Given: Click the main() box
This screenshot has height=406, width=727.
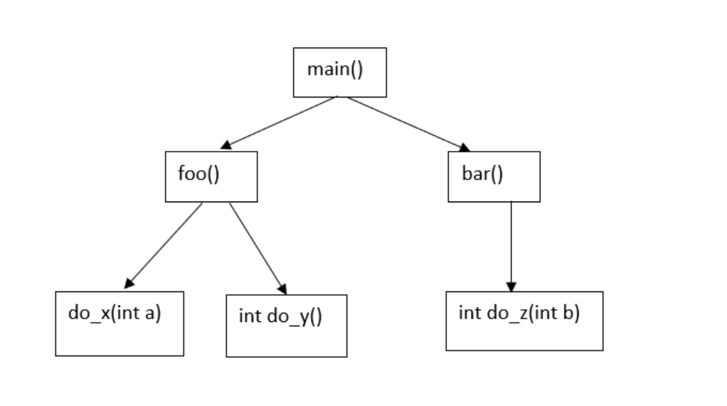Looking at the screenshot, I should pos(340,72).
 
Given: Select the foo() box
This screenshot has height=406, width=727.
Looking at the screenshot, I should pos(211,176).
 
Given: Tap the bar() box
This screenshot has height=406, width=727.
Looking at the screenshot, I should pos(494,176).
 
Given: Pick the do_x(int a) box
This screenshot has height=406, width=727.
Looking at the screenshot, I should pos(120,323).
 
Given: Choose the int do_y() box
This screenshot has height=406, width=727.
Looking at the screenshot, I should pos(287,326).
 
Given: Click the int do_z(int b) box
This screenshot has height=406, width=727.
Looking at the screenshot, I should pos(524,321).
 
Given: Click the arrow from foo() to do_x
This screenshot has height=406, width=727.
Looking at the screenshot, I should pos(164,244).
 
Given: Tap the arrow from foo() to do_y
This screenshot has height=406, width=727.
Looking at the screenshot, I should pos(258,248).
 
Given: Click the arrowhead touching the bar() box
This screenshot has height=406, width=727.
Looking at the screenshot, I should pos(464,148).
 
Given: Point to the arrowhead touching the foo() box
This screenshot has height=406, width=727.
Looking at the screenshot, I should pos(225,145).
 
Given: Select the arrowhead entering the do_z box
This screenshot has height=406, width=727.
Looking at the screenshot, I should pos(511,286).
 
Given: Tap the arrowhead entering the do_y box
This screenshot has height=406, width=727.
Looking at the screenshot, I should pos(282,288).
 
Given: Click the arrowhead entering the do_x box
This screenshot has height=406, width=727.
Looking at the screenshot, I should pos(130,281).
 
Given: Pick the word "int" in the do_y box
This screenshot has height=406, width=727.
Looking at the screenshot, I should pos(250,316).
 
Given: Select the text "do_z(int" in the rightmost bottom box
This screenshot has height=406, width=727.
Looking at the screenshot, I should pos(511,313).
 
